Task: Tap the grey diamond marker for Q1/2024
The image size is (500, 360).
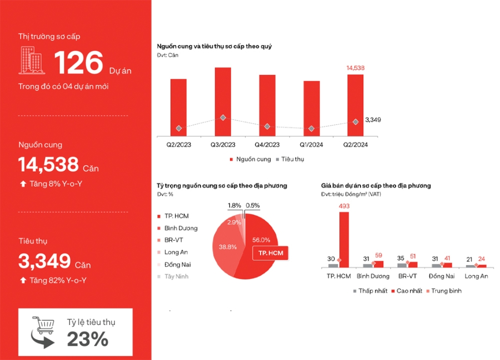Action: point(311,128)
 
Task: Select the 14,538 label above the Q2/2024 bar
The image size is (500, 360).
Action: point(356,68)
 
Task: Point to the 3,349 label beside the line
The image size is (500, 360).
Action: point(373,119)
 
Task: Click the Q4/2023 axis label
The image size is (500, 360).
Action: point(267,144)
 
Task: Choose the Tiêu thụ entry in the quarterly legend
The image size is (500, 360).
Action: point(292,159)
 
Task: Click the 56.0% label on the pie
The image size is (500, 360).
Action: point(261,240)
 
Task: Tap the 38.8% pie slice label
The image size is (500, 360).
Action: point(228,246)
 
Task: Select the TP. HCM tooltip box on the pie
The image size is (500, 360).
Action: point(271,254)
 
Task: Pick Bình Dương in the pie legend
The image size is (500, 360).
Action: point(181,228)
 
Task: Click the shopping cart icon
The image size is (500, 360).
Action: point(43,332)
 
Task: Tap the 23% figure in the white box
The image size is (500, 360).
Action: point(88,339)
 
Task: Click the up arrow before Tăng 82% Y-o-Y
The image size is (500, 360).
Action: point(23,280)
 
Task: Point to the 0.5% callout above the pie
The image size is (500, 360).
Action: point(253,205)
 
